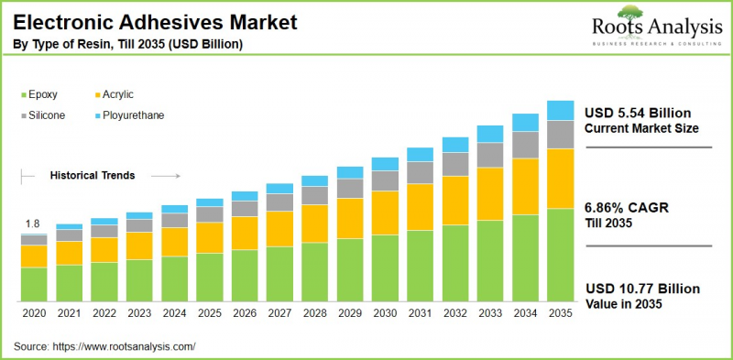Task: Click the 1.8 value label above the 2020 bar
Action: (32, 224)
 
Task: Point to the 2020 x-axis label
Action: (34, 313)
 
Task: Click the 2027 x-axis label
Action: (279, 313)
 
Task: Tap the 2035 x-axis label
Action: (560, 313)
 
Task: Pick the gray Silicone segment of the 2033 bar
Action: (490, 155)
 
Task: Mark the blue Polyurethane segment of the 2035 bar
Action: (560, 110)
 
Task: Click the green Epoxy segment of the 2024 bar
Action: (174, 278)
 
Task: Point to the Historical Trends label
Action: (93, 175)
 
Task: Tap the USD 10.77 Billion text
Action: (642, 288)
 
